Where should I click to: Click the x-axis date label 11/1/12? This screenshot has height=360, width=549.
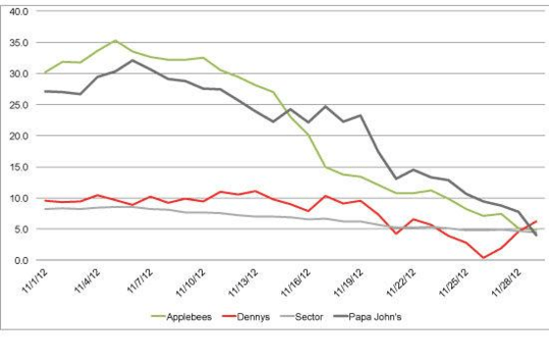pyautogui.click(x=32, y=283)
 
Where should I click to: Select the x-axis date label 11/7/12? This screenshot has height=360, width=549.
pyautogui.click(x=137, y=283)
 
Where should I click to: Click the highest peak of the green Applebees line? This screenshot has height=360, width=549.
pyautogui.click(x=116, y=40)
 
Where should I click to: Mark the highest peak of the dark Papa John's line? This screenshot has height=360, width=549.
pyautogui.click(x=133, y=60)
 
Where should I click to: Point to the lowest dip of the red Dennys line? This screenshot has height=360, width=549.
pyautogui.click(x=483, y=258)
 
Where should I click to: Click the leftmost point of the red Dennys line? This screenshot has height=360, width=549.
pyautogui.click(x=45, y=200)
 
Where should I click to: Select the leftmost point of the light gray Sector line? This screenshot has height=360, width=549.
pyautogui.click(x=45, y=209)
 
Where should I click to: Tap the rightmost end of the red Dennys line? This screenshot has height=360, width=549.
pyautogui.click(x=536, y=221)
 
